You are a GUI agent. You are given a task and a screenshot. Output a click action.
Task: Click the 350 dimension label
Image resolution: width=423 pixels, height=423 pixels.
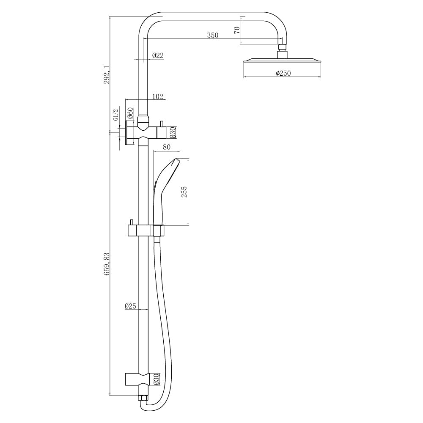tap(213, 35)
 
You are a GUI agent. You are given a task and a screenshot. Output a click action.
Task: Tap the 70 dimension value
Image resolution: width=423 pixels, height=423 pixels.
tap(237, 30)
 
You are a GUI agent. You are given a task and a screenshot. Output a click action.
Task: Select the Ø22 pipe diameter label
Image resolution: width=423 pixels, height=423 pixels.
tap(158, 55)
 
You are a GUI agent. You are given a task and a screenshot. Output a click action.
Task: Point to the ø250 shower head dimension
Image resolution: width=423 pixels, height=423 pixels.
tap(283, 73)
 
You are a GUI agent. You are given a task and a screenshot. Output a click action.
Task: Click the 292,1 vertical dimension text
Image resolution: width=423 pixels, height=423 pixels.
tap(107, 74)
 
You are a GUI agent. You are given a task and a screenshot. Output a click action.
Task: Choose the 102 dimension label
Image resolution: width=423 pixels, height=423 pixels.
tap(158, 96)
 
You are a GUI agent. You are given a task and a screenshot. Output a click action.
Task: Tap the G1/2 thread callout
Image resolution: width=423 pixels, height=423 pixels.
tap(116, 115)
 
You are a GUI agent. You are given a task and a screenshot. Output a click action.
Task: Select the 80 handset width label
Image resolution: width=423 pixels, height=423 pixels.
tap(167, 147)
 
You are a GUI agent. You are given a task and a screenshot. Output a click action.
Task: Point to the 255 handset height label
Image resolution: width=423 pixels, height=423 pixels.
tap(184, 192)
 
